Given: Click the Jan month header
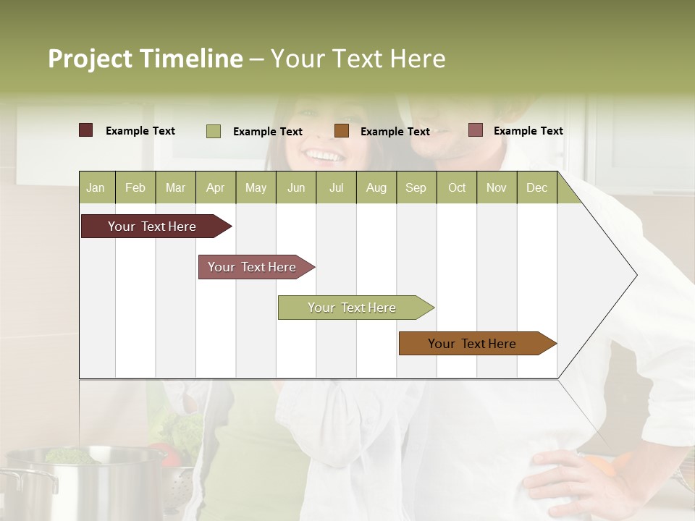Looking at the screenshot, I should (x=96, y=187).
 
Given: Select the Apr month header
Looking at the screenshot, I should (x=215, y=187).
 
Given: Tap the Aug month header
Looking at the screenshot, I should (x=376, y=187).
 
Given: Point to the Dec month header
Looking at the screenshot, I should (x=536, y=187).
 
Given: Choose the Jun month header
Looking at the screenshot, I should (x=295, y=187).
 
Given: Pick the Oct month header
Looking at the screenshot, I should (x=456, y=187).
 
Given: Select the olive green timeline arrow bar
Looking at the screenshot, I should (x=353, y=308).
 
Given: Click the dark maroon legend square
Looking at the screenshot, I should (x=85, y=130).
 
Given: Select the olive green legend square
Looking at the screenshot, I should (x=213, y=131).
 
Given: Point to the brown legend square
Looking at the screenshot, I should (x=342, y=131).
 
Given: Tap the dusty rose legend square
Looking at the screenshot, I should (x=475, y=130).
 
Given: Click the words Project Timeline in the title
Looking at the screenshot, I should (x=145, y=59).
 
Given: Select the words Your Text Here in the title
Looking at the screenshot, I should (x=358, y=59).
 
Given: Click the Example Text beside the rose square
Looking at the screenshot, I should (x=528, y=130).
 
